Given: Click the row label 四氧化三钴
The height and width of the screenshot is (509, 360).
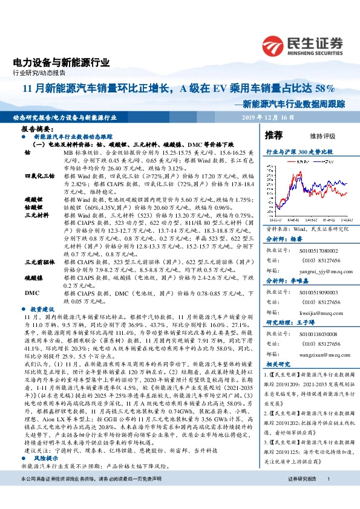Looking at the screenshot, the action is pos(36,175).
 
